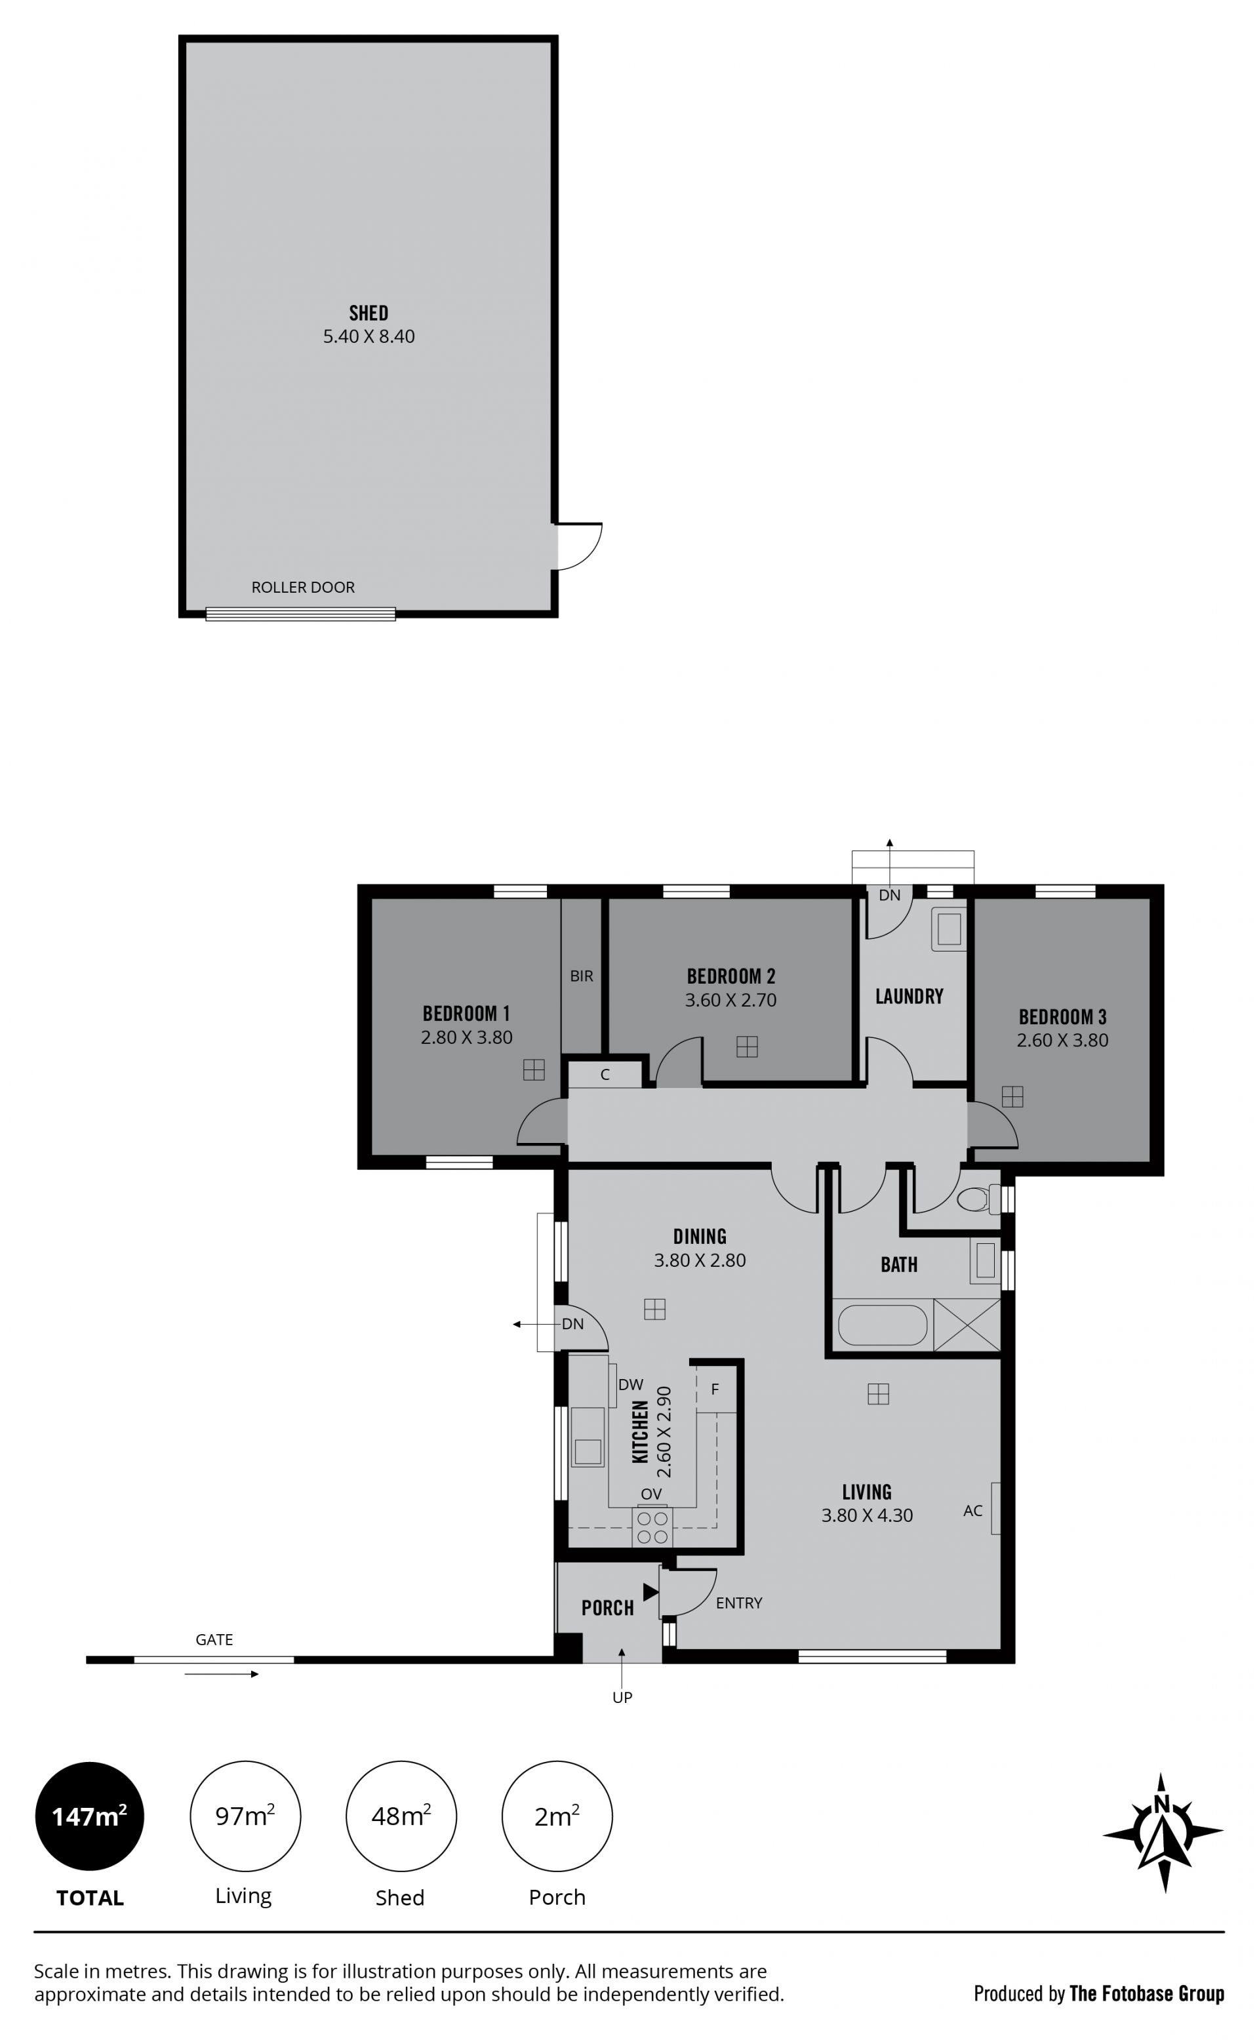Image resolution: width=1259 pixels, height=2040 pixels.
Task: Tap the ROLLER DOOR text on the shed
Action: tap(303, 587)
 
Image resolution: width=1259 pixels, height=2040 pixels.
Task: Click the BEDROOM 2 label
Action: tap(730, 976)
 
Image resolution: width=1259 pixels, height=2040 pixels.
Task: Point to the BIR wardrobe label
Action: tap(581, 976)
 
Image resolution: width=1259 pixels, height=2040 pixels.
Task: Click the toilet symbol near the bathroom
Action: tap(972, 1200)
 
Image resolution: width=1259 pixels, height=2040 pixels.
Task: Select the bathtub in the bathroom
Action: tap(882, 1325)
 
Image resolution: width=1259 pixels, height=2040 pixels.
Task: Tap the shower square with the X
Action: tap(967, 1324)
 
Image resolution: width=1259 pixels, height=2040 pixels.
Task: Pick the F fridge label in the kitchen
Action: tap(715, 1390)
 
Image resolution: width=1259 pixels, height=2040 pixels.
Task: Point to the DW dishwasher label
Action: tap(630, 1385)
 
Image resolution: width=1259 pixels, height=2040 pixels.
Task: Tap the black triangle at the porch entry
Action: tap(651, 1591)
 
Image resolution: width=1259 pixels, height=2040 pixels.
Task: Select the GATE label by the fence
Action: tap(214, 1639)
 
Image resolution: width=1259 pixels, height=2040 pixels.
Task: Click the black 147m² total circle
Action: tap(89, 1816)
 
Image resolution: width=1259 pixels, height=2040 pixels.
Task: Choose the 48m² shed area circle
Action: tap(401, 1816)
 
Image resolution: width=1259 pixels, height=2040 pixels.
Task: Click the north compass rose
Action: tap(1163, 1832)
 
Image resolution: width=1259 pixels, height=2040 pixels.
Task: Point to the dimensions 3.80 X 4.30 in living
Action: tap(867, 1515)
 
